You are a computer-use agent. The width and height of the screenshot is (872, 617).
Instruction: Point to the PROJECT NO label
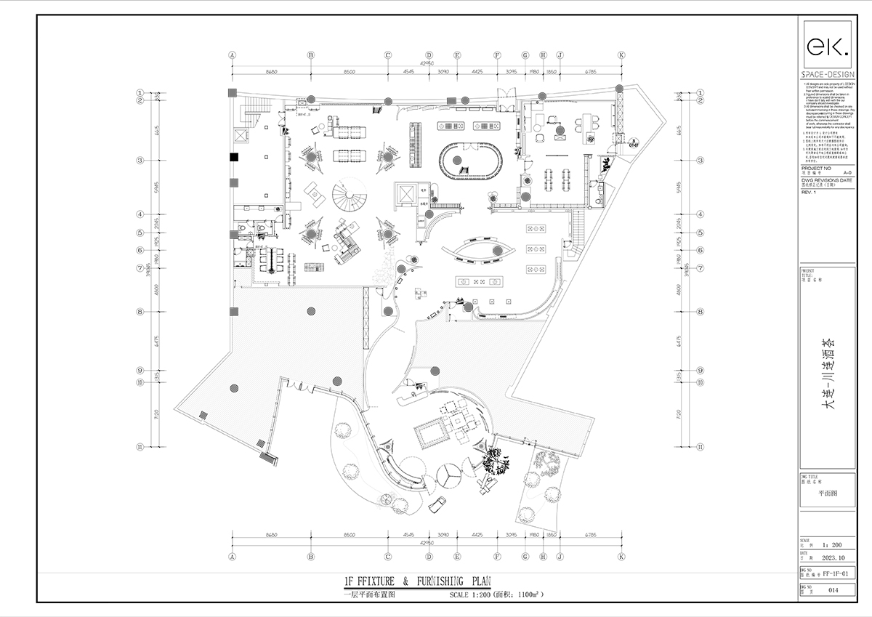[x=814, y=168]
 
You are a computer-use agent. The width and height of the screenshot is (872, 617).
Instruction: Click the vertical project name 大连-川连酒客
[x=827, y=375]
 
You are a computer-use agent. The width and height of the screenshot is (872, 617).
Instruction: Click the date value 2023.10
[x=833, y=558]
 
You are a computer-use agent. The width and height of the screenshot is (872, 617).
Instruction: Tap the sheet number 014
[x=833, y=590]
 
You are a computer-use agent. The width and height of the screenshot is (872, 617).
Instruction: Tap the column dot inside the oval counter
[x=457, y=160]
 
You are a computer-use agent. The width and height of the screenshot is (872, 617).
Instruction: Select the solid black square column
[x=233, y=157]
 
